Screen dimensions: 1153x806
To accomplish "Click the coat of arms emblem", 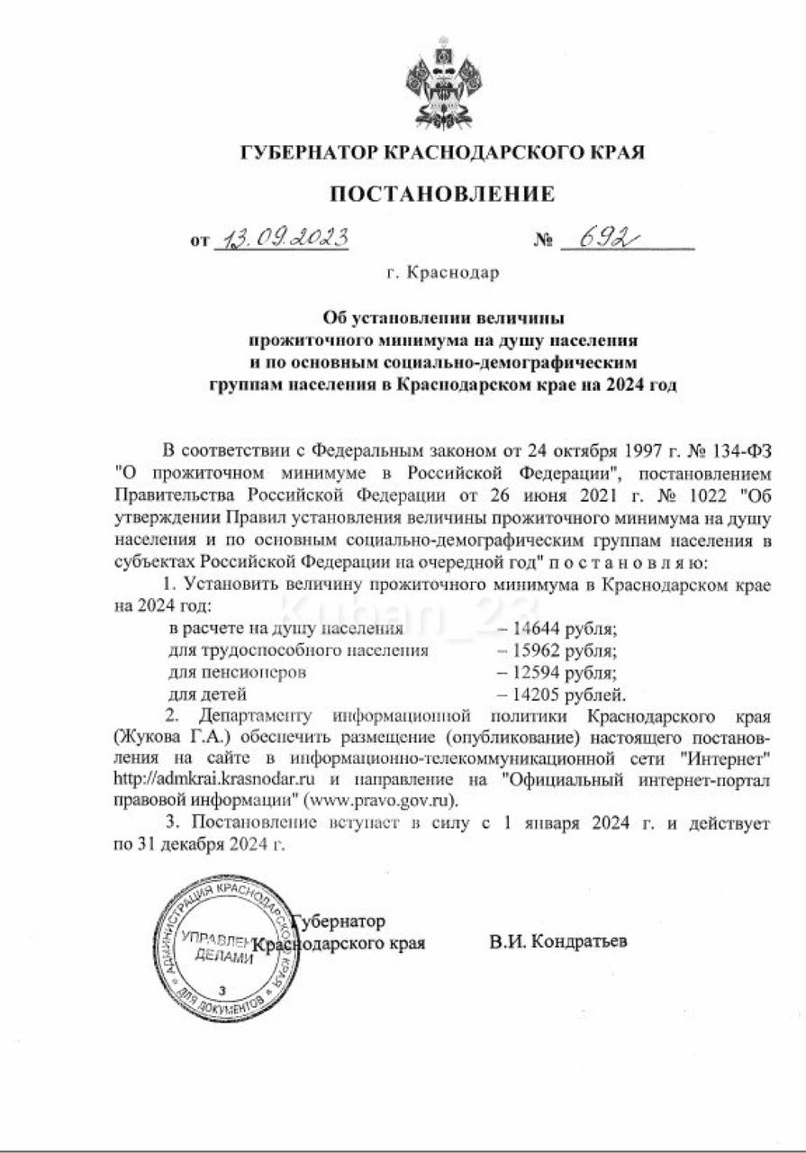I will [442, 83].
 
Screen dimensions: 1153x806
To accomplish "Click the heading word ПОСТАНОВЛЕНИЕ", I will [442, 194].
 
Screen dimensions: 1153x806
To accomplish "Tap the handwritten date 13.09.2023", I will [280, 238].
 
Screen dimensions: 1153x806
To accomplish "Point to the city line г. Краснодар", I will [441, 272].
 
